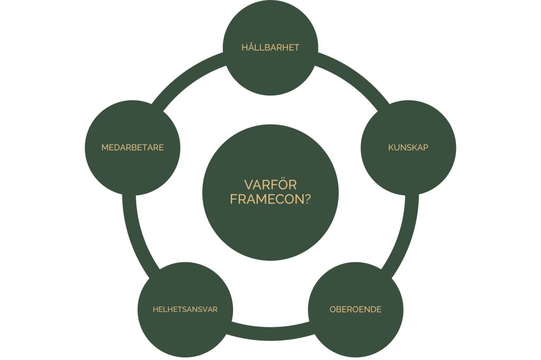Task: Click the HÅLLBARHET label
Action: [270, 47]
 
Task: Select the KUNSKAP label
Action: [408, 148]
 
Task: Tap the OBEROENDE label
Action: [356, 309]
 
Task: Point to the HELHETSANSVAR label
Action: [185, 309]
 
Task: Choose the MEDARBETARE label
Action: [133, 148]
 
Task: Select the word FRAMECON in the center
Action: [267, 200]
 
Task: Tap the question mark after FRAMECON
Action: [307, 200]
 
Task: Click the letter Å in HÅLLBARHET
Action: [252, 47]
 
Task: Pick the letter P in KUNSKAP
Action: [426, 148]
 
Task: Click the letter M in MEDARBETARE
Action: [105, 148]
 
